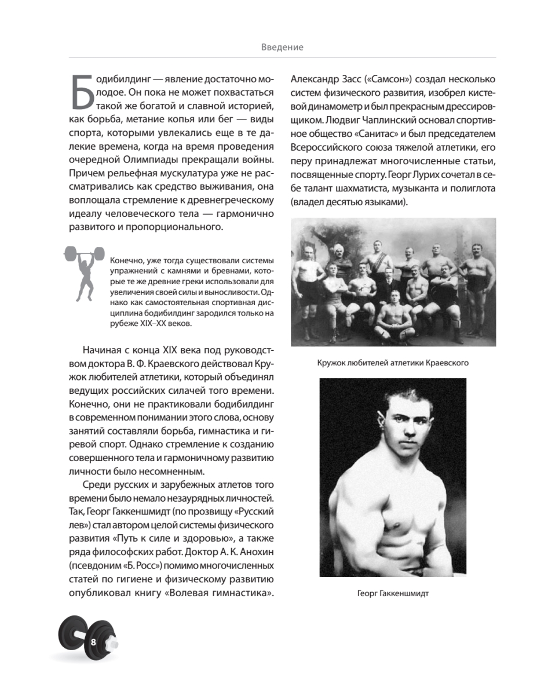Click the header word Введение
click(282, 48)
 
